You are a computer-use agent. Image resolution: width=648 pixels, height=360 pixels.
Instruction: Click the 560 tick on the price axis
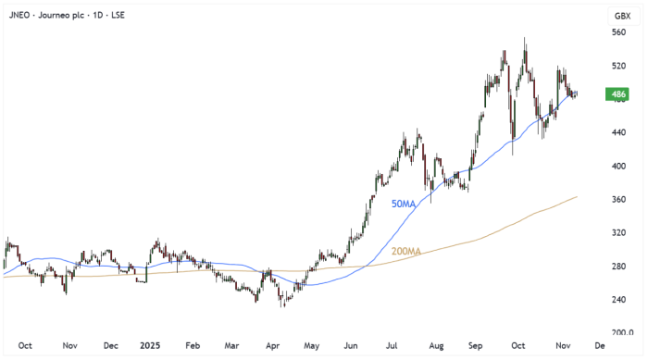[x=619, y=32]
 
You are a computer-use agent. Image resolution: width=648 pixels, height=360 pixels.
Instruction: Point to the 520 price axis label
[x=619, y=67]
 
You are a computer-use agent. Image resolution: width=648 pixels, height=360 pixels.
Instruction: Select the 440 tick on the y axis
[x=619, y=133]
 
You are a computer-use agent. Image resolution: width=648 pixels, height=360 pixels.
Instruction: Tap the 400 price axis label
[x=619, y=167]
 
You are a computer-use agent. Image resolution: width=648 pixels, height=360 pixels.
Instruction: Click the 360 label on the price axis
[x=619, y=200]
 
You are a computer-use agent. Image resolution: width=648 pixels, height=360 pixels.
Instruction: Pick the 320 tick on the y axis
[x=619, y=233]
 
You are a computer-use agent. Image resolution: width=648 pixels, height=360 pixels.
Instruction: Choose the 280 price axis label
[x=619, y=267]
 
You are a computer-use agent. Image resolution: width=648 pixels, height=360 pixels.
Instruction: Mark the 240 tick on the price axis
[x=619, y=300]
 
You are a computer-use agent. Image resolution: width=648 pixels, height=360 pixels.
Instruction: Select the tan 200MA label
[x=405, y=251]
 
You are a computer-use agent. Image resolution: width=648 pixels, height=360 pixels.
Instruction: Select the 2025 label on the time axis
[x=150, y=344]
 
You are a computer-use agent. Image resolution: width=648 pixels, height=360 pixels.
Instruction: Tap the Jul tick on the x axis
[x=392, y=344]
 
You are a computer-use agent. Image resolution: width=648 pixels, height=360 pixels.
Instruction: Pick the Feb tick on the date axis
[x=192, y=344]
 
